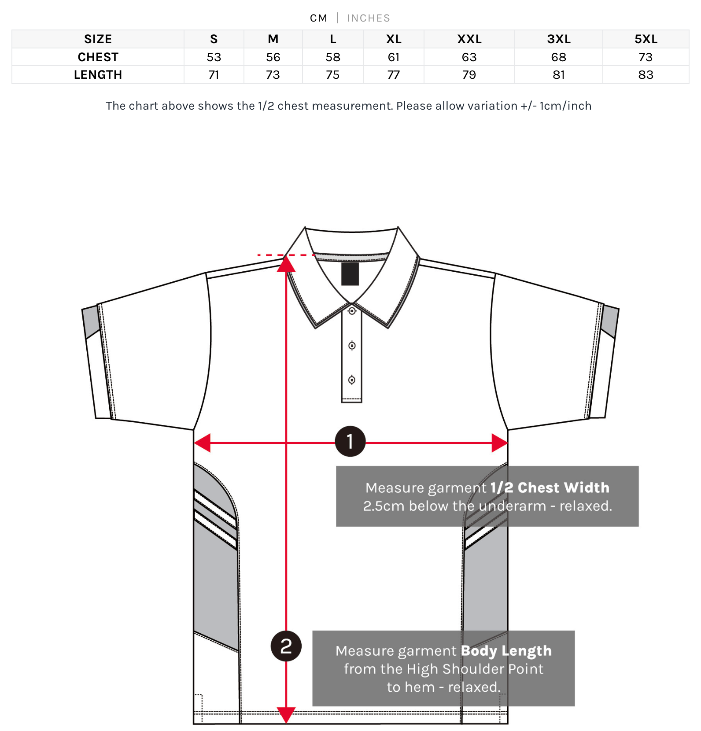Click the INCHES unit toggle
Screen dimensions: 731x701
pyautogui.click(x=368, y=18)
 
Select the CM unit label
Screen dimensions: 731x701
pyautogui.click(x=318, y=18)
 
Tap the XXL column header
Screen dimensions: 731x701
pyautogui.click(x=469, y=39)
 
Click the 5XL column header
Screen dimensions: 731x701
pyautogui.click(x=646, y=39)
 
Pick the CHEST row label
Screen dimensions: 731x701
pyautogui.click(x=98, y=57)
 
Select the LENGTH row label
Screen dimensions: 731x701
pyautogui.click(x=98, y=75)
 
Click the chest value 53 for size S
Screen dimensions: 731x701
pyautogui.click(x=214, y=57)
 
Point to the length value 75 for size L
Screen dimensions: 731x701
pyautogui.click(x=332, y=75)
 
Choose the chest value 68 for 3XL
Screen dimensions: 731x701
pyautogui.click(x=558, y=57)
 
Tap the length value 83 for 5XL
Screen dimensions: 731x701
pyautogui.click(x=646, y=75)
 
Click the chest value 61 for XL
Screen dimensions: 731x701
pyautogui.click(x=393, y=57)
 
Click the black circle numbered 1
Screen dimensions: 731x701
pyautogui.click(x=350, y=441)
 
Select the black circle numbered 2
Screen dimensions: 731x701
pyautogui.click(x=286, y=646)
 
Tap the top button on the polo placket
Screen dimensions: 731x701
pyautogui.click(x=352, y=311)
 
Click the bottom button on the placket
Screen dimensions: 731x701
pyautogui.click(x=352, y=380)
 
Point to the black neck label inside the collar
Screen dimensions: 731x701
pyautogui.click(x=350, y=274)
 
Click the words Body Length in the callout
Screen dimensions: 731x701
pyautogui.click(x=506, y=650)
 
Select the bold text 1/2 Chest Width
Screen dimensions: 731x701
pyautogui.click(x=550, y=487)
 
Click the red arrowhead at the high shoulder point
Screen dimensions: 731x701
pyautogui.click(x=286, y=264)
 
